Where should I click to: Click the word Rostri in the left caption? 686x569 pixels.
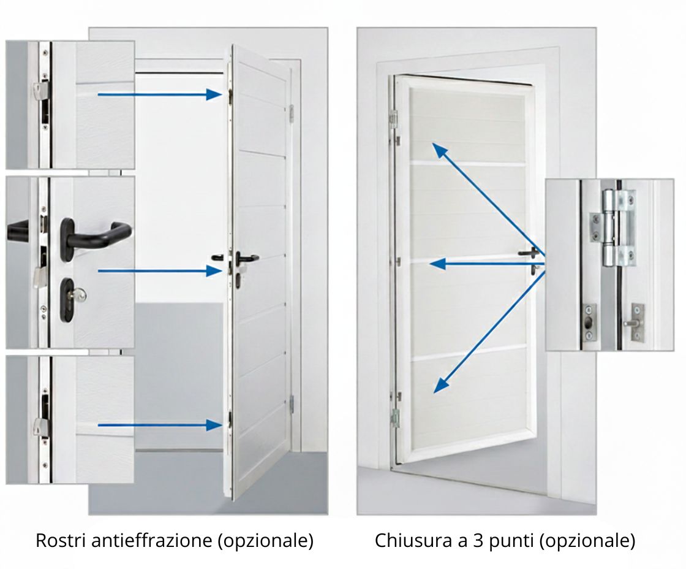tap(61, 540)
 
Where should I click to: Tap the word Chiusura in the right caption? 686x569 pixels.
tap(413, 540)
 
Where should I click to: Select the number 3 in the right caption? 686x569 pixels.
tap(478, 541)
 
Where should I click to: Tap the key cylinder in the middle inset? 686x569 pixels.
tap(70, 299)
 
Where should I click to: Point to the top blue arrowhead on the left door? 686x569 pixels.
tap(214, 94)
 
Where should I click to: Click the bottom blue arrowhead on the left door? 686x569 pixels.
tap(214, 425)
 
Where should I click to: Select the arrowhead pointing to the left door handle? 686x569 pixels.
tap(214, 271)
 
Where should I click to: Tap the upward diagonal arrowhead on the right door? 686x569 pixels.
tap(439, 150)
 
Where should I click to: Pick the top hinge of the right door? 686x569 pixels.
tap(393, 119)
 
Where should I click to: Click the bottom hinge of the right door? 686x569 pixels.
tap(395, 418)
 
